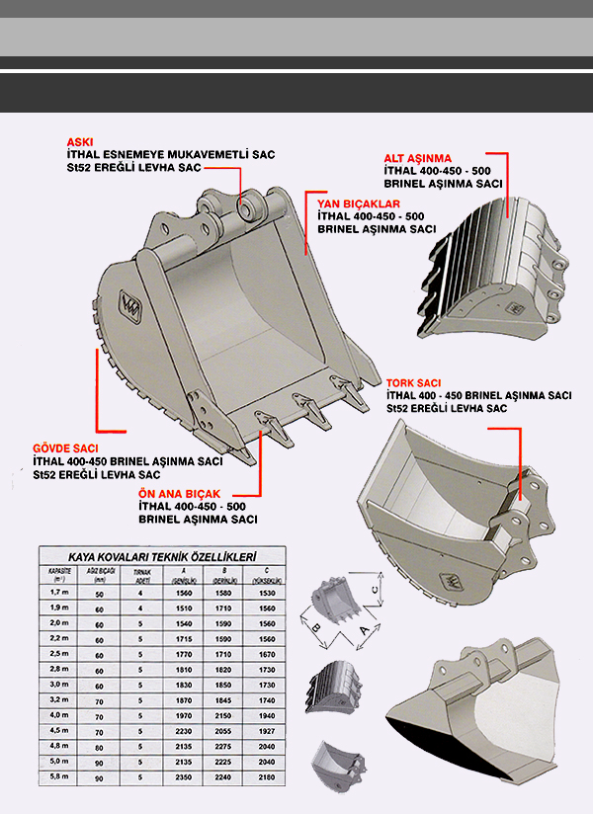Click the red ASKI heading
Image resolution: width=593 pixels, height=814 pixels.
pyautogui.click(x=80, y=141)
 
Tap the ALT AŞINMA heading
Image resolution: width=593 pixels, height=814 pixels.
pyautogui.click(x=417, y=157)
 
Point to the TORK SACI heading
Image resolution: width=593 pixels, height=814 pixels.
pyautogui.click(x=413, y=382)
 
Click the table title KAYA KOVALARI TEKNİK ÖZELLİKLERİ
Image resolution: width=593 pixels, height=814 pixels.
pyautogui.click(x=162, y=557)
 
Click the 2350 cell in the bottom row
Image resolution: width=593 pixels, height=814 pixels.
pyautogui.click(x=183, y=778)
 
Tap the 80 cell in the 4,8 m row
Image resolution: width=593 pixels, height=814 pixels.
pyautogui.click(x=99, y=747)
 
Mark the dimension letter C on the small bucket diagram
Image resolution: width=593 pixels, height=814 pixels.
pyautogui.click(x=375, y=590)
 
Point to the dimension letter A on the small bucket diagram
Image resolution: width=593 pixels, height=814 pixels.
pyautogui.click(x=364, y=628)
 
